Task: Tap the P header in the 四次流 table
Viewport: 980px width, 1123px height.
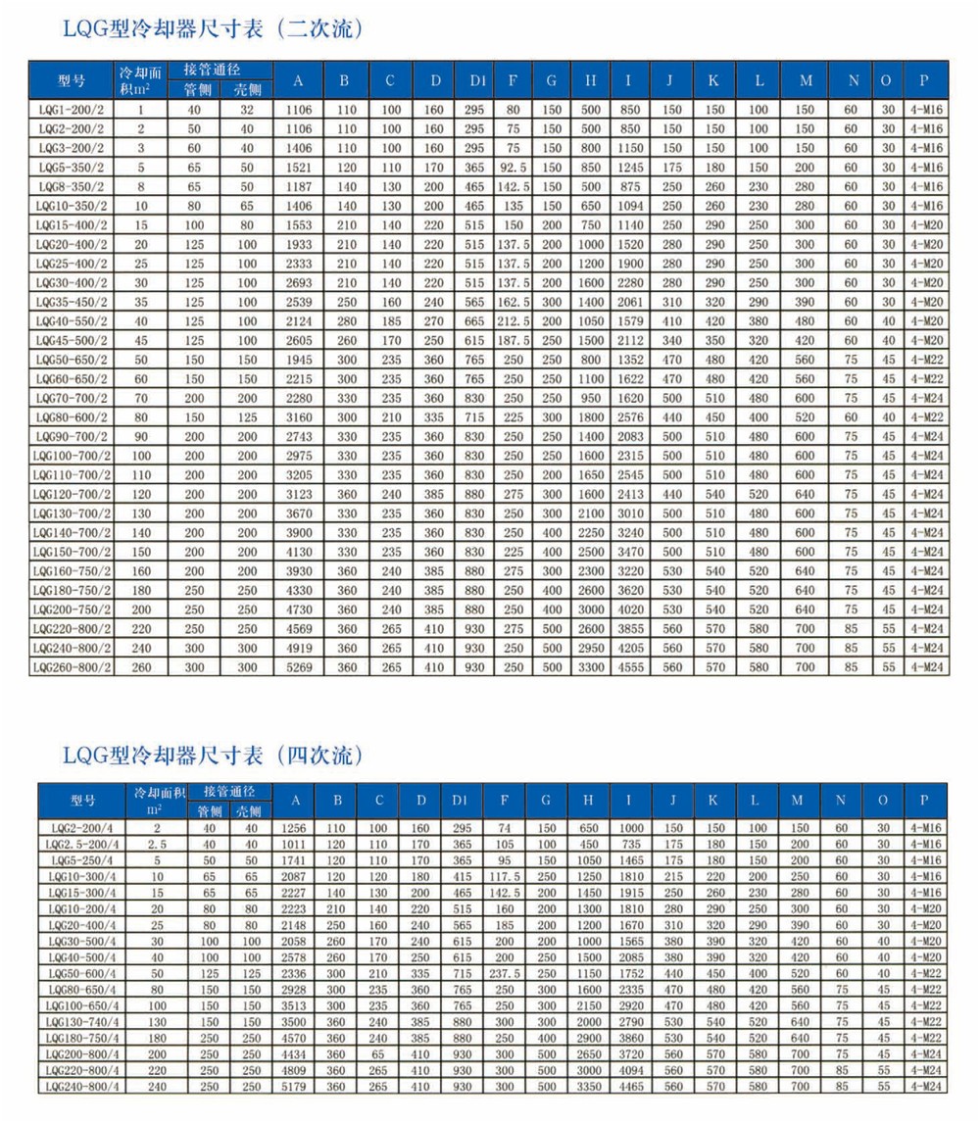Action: tap(923, 801)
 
